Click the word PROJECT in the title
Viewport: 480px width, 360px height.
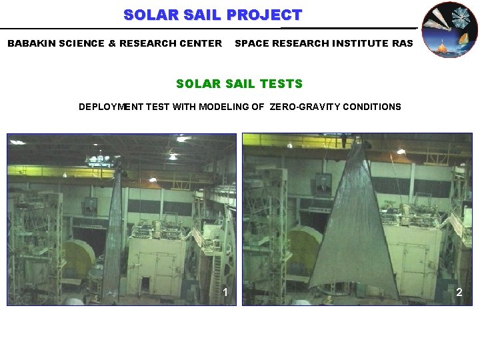(264, 15)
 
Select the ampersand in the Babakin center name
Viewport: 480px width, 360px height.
(113, 43)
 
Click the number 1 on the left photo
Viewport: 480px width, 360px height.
(226, 292)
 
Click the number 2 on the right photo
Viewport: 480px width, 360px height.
(459, 292)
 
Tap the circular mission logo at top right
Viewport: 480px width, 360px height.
(450, 29)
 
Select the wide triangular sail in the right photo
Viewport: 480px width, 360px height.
(355, 233)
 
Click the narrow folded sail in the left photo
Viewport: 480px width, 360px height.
(114, 240)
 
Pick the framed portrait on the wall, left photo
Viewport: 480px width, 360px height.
(90, 206)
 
